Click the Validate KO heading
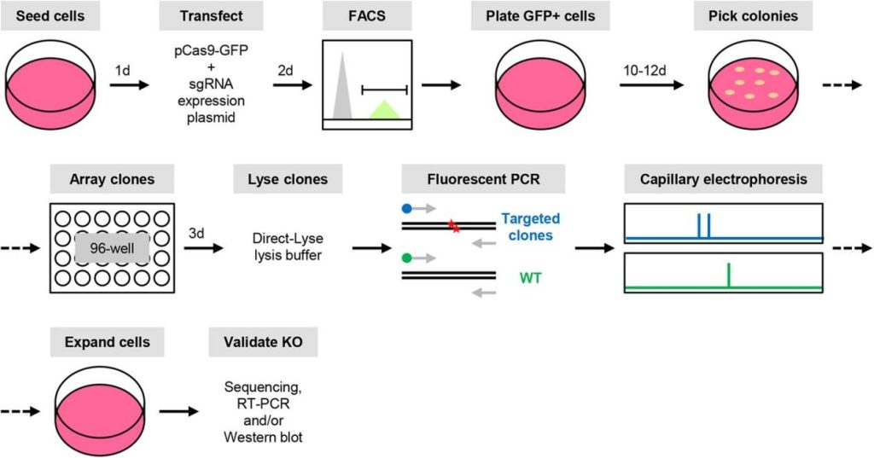pos(263,343)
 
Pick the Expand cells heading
pos(108,343)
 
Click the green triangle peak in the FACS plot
pos(384,109)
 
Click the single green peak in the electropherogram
pos(728,275)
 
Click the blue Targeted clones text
pos(530,227)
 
